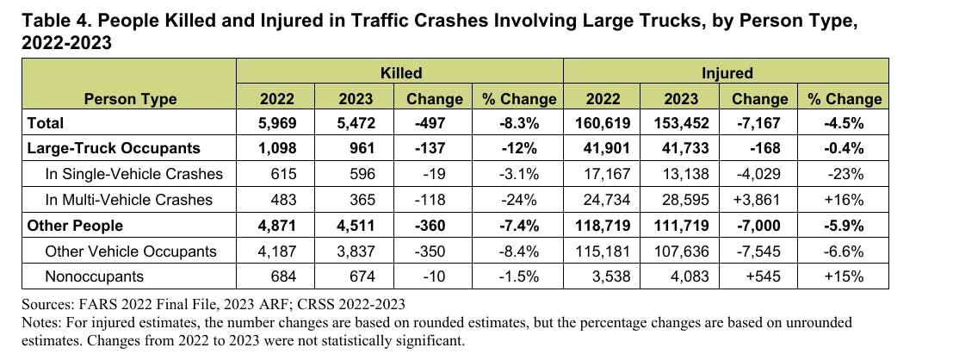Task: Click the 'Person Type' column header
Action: [130, 98]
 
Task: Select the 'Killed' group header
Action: [400, 73]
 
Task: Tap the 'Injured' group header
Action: [727, 73]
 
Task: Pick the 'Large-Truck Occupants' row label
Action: [114, 148]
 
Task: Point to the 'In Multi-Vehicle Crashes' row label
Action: [128, 200]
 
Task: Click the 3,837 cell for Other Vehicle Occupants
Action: [355, 251]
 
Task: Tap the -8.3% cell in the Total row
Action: [518, 123]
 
